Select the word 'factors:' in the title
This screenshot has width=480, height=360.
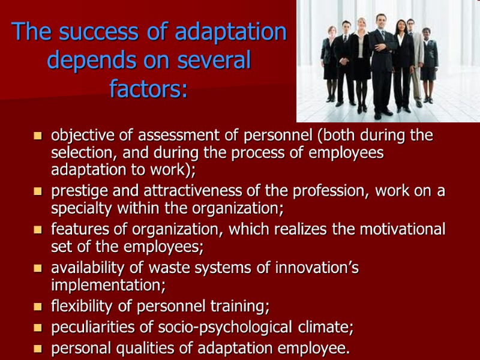click(149, 89)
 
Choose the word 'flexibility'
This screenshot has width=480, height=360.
click(82, 307)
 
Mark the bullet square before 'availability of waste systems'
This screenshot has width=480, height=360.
click(38, 268)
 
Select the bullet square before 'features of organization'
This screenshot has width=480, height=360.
click(38, 229)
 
